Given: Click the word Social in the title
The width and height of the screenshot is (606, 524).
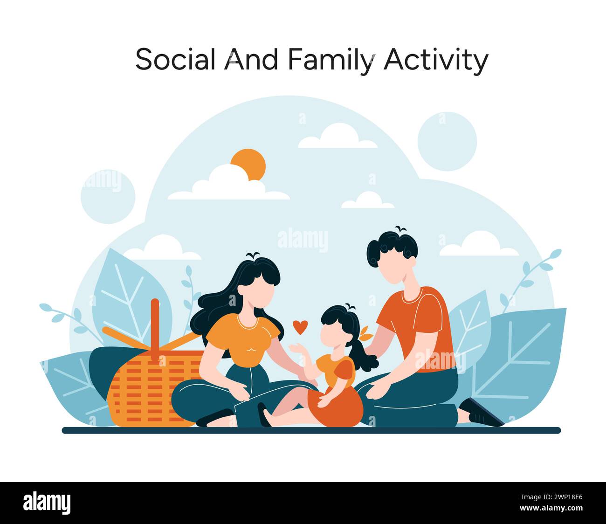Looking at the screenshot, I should [x=175, y=60].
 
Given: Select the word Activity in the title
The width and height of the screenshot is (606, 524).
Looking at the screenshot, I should [x=435, y=60].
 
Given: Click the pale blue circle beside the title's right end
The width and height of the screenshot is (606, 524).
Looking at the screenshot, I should [x=447, y=141].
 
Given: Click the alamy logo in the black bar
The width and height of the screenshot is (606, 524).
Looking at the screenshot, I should [x=47, y=503].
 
